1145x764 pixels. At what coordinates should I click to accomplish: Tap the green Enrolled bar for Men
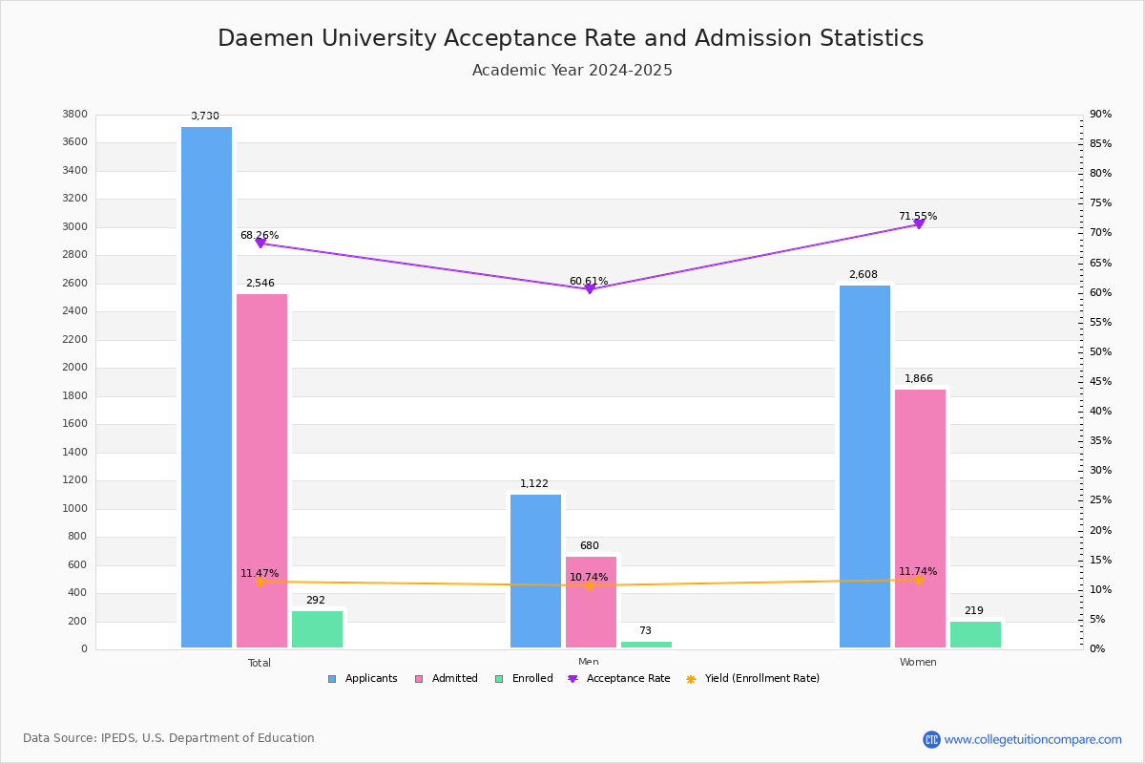pyautogui.click(x=646, y=645)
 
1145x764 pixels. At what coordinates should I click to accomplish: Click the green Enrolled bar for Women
pyautogui.click(x=975, y=635)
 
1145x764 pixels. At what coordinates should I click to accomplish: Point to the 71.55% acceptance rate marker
pyautogui.click(x=919, y=224)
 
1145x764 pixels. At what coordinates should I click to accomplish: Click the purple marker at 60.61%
pyautogui.click(x=589, y=288)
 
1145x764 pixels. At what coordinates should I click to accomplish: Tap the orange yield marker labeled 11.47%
pyautogui.click(x=260, y=582)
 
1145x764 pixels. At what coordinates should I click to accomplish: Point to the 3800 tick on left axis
pyautogui.click(x=74, y=115)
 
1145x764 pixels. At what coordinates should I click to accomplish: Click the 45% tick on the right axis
pyautogui.click(x=1100, y=382)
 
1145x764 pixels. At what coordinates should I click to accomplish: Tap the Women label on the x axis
pyautogui.click(x=918, y=663)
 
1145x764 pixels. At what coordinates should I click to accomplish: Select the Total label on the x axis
pyautogui.click(x=260, y=663)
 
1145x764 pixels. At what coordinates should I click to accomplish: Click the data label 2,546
pyautogui.click(x=260, y=284)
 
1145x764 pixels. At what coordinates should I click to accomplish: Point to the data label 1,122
pyautogui.click(x=534, y=484)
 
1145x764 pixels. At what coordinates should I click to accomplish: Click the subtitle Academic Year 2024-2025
pyautogui.click(x=572, y=71)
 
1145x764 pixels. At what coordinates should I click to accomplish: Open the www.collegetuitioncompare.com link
pyautogui.click(x=1032, y=739)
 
